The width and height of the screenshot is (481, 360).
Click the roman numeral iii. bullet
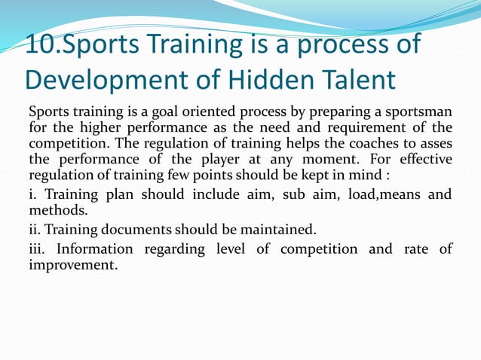38,249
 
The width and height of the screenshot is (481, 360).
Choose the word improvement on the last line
73,265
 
